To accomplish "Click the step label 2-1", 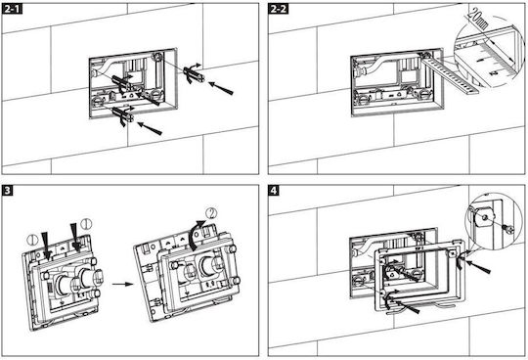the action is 12,9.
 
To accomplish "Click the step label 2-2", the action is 278,9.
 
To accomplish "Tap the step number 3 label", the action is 8,191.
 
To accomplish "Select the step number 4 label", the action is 274,191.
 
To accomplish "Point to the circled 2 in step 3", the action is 211,213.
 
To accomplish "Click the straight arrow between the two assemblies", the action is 122,284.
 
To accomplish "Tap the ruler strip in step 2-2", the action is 449,73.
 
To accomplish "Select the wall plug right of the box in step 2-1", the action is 194,74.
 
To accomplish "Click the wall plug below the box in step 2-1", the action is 122,114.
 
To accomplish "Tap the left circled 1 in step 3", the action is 32,240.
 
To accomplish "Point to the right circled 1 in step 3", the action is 86,224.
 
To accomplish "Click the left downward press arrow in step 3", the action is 45,247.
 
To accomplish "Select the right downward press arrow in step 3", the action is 75,238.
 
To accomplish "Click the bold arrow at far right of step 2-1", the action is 221,88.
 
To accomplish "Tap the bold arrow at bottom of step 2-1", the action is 150,128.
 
